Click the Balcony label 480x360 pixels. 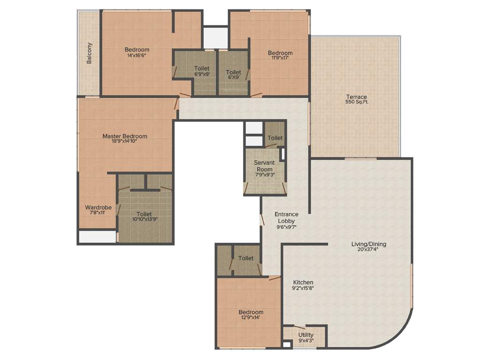[x=90, y=53]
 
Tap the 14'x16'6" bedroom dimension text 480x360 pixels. [x=137, y=55]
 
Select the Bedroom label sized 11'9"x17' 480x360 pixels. [x=280, y=53]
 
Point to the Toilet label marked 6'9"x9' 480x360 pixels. [x=202, y=68]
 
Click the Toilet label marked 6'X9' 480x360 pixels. [x=233, y=72]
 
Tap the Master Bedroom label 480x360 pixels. [x=125, y=136]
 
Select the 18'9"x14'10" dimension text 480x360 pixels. [x=125, y=142]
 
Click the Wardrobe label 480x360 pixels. [x=98, y=207]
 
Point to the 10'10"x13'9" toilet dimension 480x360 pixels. [x=144, y=219]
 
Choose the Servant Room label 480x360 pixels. [x=264, y=165]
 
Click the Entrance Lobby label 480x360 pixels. [x=286, y=217]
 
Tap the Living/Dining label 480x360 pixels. [x=369, y=244]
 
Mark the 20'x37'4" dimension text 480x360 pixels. [x=369, y=249]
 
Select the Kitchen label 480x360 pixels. [x=303, y=282]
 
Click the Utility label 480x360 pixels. [x=306, y=335]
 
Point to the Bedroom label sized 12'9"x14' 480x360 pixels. [x=251, y=312]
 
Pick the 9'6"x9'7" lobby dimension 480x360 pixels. [x=286, y=227]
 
